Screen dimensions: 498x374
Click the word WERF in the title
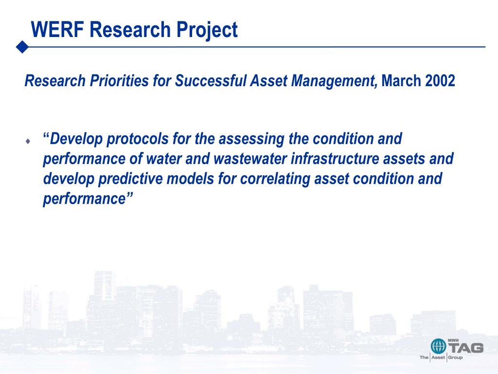[57, 30]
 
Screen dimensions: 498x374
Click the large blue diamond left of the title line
[22, 47]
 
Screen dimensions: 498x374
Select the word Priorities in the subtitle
[119, 80]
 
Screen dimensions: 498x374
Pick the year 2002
[440, 80]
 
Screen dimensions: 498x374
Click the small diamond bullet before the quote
[28, 141]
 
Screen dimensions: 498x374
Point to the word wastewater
[250, 159]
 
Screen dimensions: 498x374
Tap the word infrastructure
[335, 159]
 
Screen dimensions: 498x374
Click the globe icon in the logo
[438, 346]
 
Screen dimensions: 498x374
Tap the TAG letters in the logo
[466, 348]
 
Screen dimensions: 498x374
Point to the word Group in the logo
[455, 357]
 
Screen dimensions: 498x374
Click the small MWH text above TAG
[453, 340]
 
